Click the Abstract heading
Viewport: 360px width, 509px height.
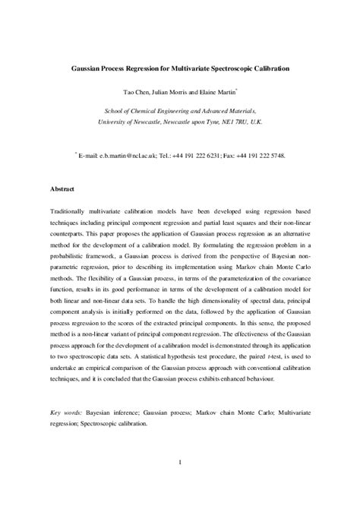pos(62,188)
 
